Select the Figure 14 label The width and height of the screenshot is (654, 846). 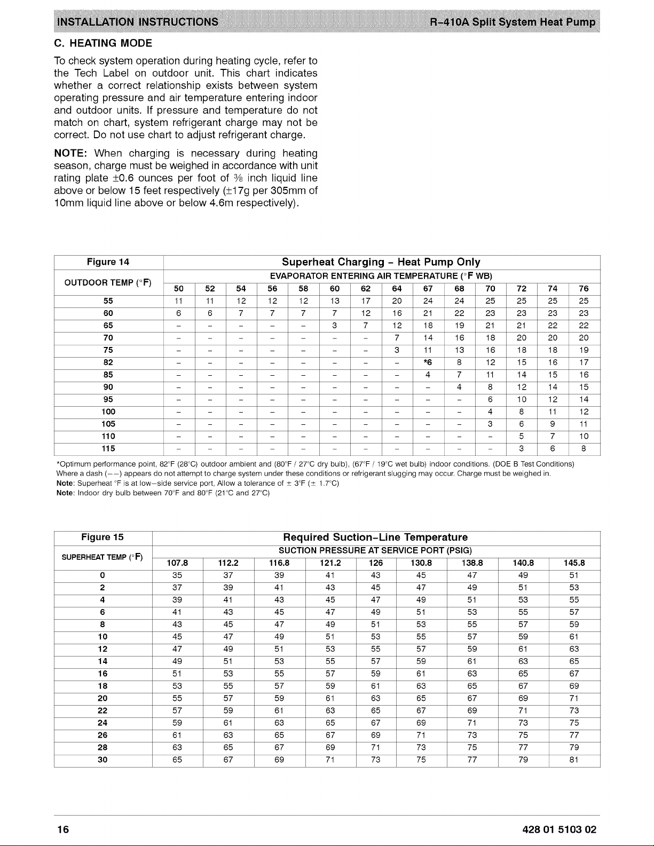[x=108, y=262]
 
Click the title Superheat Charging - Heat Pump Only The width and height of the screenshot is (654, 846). [x=381, y=262]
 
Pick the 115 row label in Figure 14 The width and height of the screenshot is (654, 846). [x=108, y=448]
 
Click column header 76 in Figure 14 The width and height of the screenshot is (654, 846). [x=584, y=289]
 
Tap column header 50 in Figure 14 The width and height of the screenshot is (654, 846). [x=179, y=289]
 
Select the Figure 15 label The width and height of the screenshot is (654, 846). [x=103, y=537]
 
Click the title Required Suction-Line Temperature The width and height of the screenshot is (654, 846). [x=375, y=537]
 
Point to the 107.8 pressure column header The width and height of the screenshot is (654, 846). [x=177, y=563]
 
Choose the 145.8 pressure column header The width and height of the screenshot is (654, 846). [x=574, y=563]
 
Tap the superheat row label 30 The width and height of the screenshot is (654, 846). [x=103, y=760]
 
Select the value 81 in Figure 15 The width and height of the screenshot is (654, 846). [x=574, y=760]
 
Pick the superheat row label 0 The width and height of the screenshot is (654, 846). [x=103, y=575]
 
